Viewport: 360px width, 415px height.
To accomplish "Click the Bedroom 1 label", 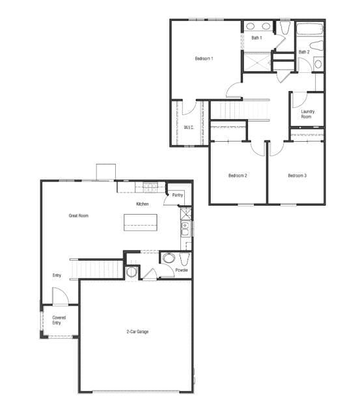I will (x=204, y=59).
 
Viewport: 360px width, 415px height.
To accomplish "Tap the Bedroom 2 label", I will (x=237, y=176).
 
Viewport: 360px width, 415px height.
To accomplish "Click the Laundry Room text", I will (x=308, y=114).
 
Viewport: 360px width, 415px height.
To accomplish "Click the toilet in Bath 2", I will (x=318, y=46).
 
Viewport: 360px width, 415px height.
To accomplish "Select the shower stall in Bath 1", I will (x=257, y=61).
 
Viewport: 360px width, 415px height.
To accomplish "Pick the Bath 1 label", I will (x=257, y=38).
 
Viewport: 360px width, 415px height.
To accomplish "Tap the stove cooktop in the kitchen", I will (x=150, y=187).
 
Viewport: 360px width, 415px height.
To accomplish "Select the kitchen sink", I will (x=185, y=228).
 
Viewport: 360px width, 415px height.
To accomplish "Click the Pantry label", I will (x=178, y=195).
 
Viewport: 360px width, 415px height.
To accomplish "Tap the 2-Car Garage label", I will (x=137, y=332).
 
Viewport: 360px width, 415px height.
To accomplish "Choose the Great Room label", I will (x=79, y=215).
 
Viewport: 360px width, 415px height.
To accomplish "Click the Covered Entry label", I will (x=59, y=320).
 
